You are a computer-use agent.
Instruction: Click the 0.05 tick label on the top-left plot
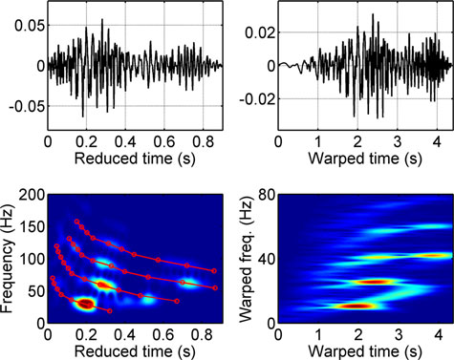(30, 26)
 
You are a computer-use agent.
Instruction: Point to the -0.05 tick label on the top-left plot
(27, 106)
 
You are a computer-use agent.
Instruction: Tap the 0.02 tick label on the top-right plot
(260, 32)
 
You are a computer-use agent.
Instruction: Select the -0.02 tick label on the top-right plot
(257, 99)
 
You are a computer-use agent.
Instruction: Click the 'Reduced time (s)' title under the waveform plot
(135, 159)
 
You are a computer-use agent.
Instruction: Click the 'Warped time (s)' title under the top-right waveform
(365, 159)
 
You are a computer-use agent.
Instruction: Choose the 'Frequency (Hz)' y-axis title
(8, 259)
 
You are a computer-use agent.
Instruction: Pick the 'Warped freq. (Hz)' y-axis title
(246, 259)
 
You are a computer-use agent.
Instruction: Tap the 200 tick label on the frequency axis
(32, 195)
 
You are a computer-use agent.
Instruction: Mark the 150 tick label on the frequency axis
(32, 227)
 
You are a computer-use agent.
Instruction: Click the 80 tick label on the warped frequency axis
(267, 195)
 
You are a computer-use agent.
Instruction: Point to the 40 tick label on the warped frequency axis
(267, 259)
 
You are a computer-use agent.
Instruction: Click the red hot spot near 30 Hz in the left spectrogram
(85, 305)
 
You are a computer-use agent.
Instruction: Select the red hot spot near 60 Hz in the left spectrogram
(103, 285)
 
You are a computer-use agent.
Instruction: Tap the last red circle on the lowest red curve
(110, 311)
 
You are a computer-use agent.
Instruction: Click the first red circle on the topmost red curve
(76, 222)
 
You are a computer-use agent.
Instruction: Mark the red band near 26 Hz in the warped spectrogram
(376, 282)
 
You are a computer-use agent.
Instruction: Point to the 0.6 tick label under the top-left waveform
(164, 141)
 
